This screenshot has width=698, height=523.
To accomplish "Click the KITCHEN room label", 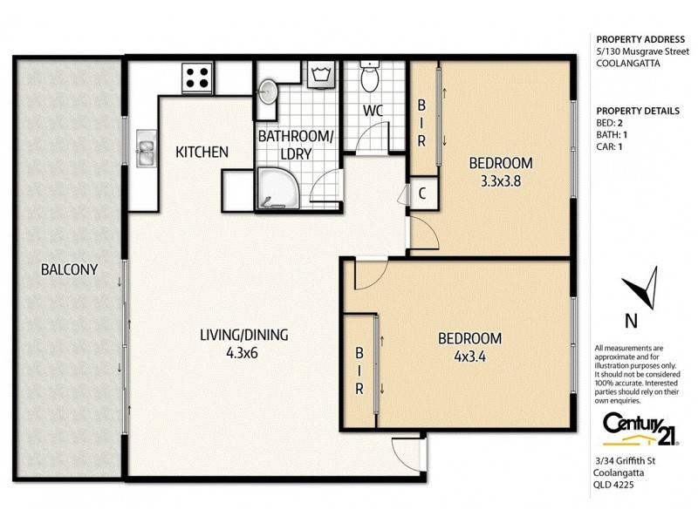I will [202, 153].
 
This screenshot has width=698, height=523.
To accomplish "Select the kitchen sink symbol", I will [145, 151].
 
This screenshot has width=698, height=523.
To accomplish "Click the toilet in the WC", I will [370, 79].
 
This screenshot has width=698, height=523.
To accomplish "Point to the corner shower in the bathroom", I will [275, 188].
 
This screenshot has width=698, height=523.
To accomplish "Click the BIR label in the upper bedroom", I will [421, 123].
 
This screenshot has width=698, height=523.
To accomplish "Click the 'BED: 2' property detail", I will [612, 124].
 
